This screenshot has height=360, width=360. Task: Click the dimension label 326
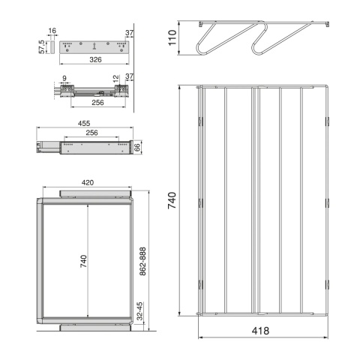tap(95, 59)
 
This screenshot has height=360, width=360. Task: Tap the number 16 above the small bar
tap(52, 31)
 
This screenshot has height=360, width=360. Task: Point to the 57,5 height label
tap(42, 46)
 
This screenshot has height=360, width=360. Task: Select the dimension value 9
tap(64, 78)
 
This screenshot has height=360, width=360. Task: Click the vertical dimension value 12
tap(116, 79)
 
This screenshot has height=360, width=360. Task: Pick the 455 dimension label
tap(84, 123)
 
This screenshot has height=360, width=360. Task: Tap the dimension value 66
tap(137, 147)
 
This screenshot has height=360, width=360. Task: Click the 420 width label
tap(88, 182)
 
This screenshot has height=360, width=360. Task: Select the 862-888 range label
tap(142, 262)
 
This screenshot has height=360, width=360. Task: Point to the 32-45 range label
tap(140, 311)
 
